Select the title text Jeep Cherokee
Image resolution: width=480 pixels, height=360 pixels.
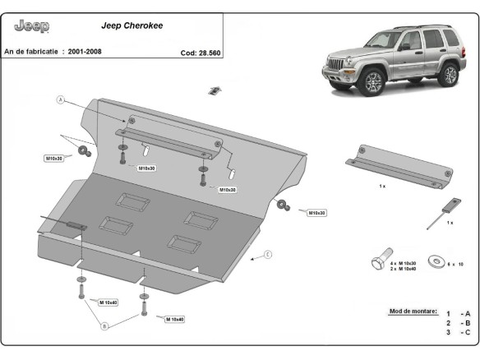(x=132, y=25)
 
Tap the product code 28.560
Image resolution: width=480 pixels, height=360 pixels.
(x=202, y=52)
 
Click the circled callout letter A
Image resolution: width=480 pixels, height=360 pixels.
(x=60, y=100)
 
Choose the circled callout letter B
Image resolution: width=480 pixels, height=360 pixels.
(x=104, y=326)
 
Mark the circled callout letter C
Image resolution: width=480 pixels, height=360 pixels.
(x=267, y=256)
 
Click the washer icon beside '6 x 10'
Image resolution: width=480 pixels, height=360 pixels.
(x=435, y=262)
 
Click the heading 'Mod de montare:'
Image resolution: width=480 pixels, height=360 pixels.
(x=411, y=312)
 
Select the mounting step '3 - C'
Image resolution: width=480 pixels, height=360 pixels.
(x=458, y=332)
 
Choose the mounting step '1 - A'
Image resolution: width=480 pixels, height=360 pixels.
(x=458, y=314)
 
